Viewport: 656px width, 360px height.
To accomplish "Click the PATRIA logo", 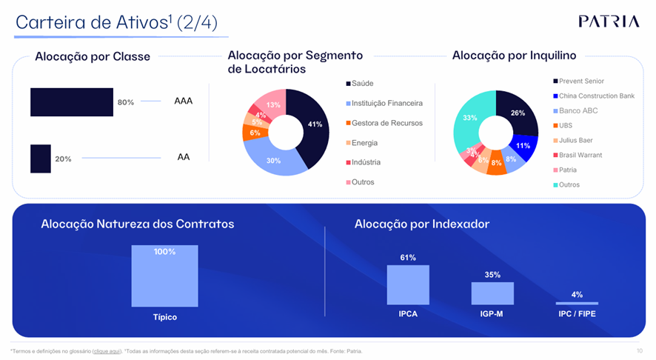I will point(609,21).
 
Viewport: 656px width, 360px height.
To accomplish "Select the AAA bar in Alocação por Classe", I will point(71,102).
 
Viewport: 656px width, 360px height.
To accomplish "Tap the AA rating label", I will point(183,157).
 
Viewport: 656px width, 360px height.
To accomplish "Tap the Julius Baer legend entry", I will point(575,141).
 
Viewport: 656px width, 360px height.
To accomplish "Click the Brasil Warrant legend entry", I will point(580,156).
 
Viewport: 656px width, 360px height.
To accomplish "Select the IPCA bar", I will point(408,285).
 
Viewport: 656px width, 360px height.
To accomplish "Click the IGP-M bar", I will point(492,293).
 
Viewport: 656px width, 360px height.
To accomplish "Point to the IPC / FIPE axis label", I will point(577,314).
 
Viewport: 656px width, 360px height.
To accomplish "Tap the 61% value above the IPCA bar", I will point(408,258).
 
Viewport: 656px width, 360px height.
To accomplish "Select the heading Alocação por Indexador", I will point(422,224).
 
